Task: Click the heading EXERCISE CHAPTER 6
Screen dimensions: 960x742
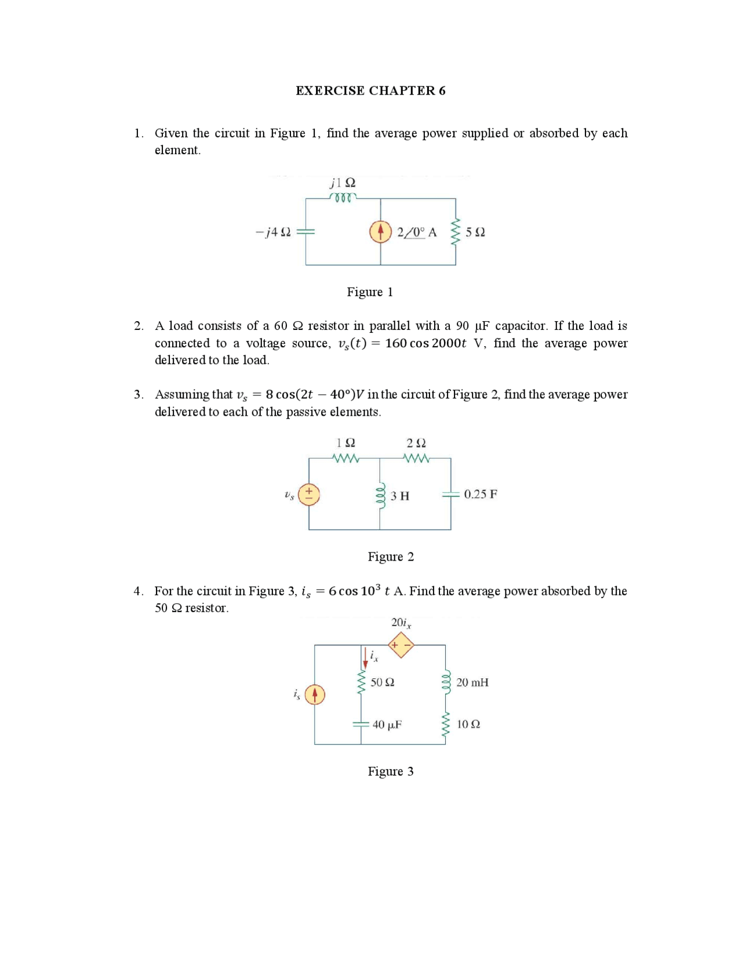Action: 370,90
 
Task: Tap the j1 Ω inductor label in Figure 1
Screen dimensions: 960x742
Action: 343,183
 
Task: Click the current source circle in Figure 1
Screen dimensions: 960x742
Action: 380,232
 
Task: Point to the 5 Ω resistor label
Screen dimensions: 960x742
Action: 475,232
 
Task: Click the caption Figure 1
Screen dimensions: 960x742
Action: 370,292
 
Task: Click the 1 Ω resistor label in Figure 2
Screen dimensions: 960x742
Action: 345,443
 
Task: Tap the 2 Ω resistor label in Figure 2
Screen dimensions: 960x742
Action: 416,443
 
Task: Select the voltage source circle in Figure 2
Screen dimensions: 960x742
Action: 309,494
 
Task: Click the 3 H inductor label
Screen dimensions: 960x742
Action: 399,496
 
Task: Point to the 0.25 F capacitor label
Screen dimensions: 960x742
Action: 481,494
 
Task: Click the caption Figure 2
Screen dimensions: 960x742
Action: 391,557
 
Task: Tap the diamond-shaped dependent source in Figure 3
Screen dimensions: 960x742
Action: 401,645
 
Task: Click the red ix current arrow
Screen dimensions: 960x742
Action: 365,658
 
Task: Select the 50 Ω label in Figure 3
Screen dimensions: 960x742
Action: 382,683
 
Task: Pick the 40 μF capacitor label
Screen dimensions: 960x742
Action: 387,725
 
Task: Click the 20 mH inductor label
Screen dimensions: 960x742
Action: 472,683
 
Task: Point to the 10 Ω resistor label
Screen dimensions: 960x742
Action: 468,725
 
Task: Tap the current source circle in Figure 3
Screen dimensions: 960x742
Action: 315,694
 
